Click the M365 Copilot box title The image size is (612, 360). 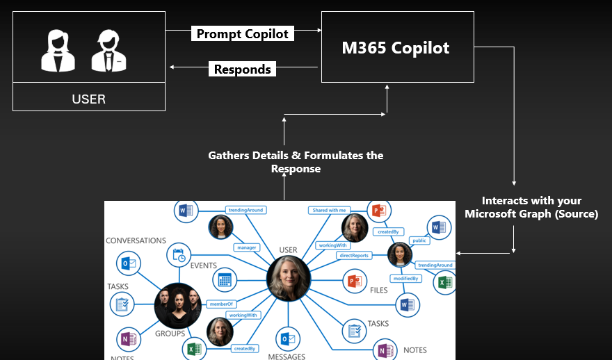click(396, 48)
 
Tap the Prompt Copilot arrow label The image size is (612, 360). click(243, 33)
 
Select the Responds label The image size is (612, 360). click(243, 69)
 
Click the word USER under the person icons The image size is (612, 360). click(89, 99)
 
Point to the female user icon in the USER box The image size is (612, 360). click(58, 51)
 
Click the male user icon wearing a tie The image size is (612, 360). click(109, 51)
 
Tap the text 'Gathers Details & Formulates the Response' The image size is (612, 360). click(296, 162)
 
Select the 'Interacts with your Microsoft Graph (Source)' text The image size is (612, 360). click(532, 207)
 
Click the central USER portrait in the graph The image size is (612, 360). click(288, 278)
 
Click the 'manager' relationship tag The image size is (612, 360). click(247, 247)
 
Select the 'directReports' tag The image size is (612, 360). click(354, 256)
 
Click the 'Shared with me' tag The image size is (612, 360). click(330, 210)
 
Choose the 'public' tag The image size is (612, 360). click(419, 240)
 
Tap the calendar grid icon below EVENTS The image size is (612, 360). click(225, 280)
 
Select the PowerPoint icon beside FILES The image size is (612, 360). click(355, 281)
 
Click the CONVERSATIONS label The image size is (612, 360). click(136, 240)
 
